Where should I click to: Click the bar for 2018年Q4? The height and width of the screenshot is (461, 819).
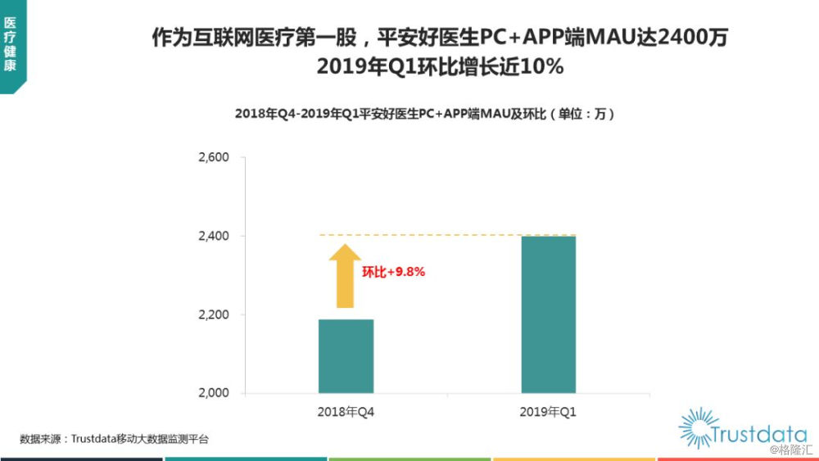(346, 356)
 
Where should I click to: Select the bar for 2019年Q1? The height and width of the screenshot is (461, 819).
(549, 314)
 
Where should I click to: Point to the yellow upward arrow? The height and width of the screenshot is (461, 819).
(345, 276)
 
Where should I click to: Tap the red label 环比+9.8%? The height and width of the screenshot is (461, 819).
(393, 272)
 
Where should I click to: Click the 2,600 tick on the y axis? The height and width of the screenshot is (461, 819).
(214, 157)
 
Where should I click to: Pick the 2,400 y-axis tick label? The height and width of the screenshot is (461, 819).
(214, 236)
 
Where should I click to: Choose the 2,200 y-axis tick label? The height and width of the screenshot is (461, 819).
(214, 314)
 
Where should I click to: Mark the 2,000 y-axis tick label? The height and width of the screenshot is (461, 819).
(214, 392)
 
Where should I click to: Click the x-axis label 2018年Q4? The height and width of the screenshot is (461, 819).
(346, 412)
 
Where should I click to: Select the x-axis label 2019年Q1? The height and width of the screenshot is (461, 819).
(548, 412)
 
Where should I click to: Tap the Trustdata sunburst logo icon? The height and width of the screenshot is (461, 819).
(699, 428)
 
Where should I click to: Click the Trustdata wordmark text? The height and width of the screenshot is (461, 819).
(759, 434)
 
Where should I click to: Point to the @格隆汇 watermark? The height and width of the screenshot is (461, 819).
(791, 450)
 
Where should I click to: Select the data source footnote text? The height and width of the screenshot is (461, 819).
(114, 439)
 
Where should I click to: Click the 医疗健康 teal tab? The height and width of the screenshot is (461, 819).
(12, 46)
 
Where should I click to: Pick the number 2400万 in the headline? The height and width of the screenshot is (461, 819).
(692, 38)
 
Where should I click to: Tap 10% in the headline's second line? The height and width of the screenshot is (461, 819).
(542, 67)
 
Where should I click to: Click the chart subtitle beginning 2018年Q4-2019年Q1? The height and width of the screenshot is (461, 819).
(424, 114)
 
